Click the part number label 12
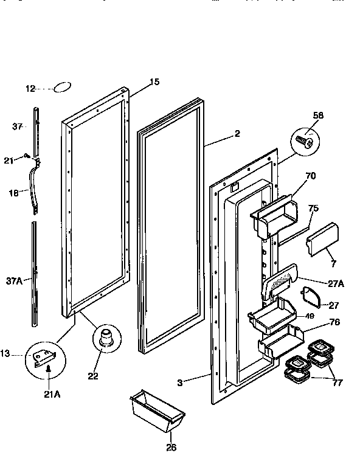[30, 89]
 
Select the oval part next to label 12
[63, 88]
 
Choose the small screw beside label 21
[28, 156]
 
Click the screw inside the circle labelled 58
[305, 142]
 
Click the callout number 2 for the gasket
[237, 134]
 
